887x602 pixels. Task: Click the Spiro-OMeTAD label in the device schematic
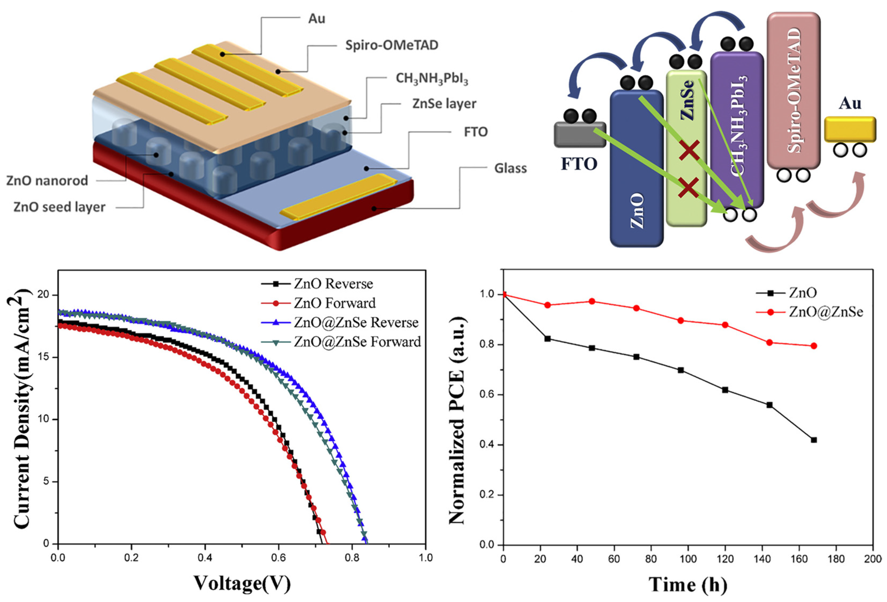[392, 45]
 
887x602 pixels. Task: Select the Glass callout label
[510, 168]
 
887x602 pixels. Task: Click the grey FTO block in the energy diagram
[580, 135]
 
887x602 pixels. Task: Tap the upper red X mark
[689, 150]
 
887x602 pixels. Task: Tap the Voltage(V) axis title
[242, 583]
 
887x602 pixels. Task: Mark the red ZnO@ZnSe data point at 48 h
[592, 301]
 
